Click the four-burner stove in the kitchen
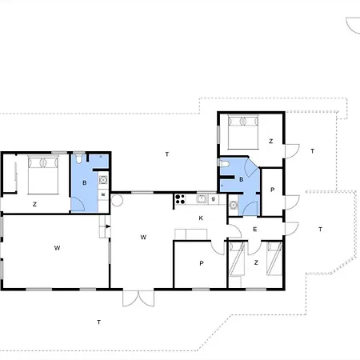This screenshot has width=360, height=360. pyautogui.click(x=180, y=199)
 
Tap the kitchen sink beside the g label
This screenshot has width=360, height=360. pyautogui.click(x=202, y=199)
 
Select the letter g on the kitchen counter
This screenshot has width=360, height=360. pyautogui.click(x=213, y=198)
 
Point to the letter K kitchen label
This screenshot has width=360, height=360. pyautogui.click(x=201, y=218)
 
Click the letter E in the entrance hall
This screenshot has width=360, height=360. pyautogui.click(x=255, y=230)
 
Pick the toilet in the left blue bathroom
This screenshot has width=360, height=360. pyautogui.click(x=78, y=158)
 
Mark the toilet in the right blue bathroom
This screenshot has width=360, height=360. pyautogui.click(x=223, y=163)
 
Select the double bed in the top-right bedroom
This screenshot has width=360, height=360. pyautogui.click(x=243, y=132)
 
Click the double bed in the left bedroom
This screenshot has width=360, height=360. pyautogui.click(x=43, y=175)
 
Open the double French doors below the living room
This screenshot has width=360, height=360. pyautogui.click(x=138, y=298)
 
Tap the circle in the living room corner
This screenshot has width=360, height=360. pyautogui.click(x=117, y=200)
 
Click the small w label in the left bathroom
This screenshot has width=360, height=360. pyautogui.click(x=103, y=194)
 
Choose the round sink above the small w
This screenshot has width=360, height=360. pyautogui.click(x=103, y=180)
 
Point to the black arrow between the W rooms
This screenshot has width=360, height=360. pyautogui.click(x=108, y=226)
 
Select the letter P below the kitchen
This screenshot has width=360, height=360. pyautogui.click(x=202, y=263)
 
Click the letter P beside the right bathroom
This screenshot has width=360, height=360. pyautogui.click(x=272, y=190)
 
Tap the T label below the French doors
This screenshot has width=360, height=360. pyautogui.click(x=99, y=322)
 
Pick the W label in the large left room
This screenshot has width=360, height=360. pyautogui.click(x=57, y=248)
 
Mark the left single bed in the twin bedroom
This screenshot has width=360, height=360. pyautogui.click(x=237, y=258)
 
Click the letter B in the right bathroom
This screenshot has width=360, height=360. pyautogui.click(x=242, y=179)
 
